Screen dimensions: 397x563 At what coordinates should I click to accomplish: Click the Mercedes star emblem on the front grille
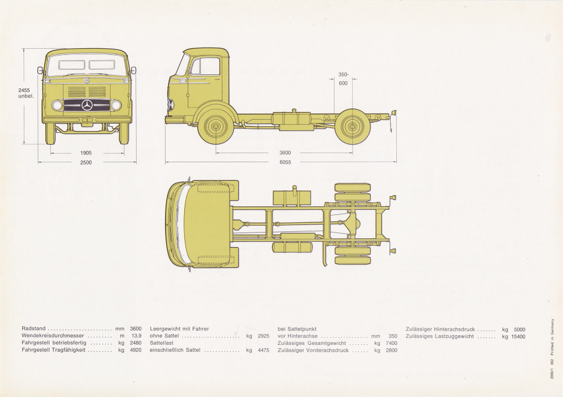(x=87, y=105)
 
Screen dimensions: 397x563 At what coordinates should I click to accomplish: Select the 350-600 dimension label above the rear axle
(x=343, y=79)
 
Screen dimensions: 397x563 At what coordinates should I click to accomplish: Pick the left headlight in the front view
(x=57, y=105)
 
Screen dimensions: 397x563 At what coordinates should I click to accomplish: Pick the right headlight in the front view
(x=116, y=105)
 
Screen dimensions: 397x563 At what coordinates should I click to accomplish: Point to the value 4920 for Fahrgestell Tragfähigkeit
(x=134, y=350)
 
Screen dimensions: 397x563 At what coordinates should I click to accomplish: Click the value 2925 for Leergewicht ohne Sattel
(x=263, y=336)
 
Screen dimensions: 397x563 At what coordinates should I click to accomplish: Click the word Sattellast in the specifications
(x=162, y=343)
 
